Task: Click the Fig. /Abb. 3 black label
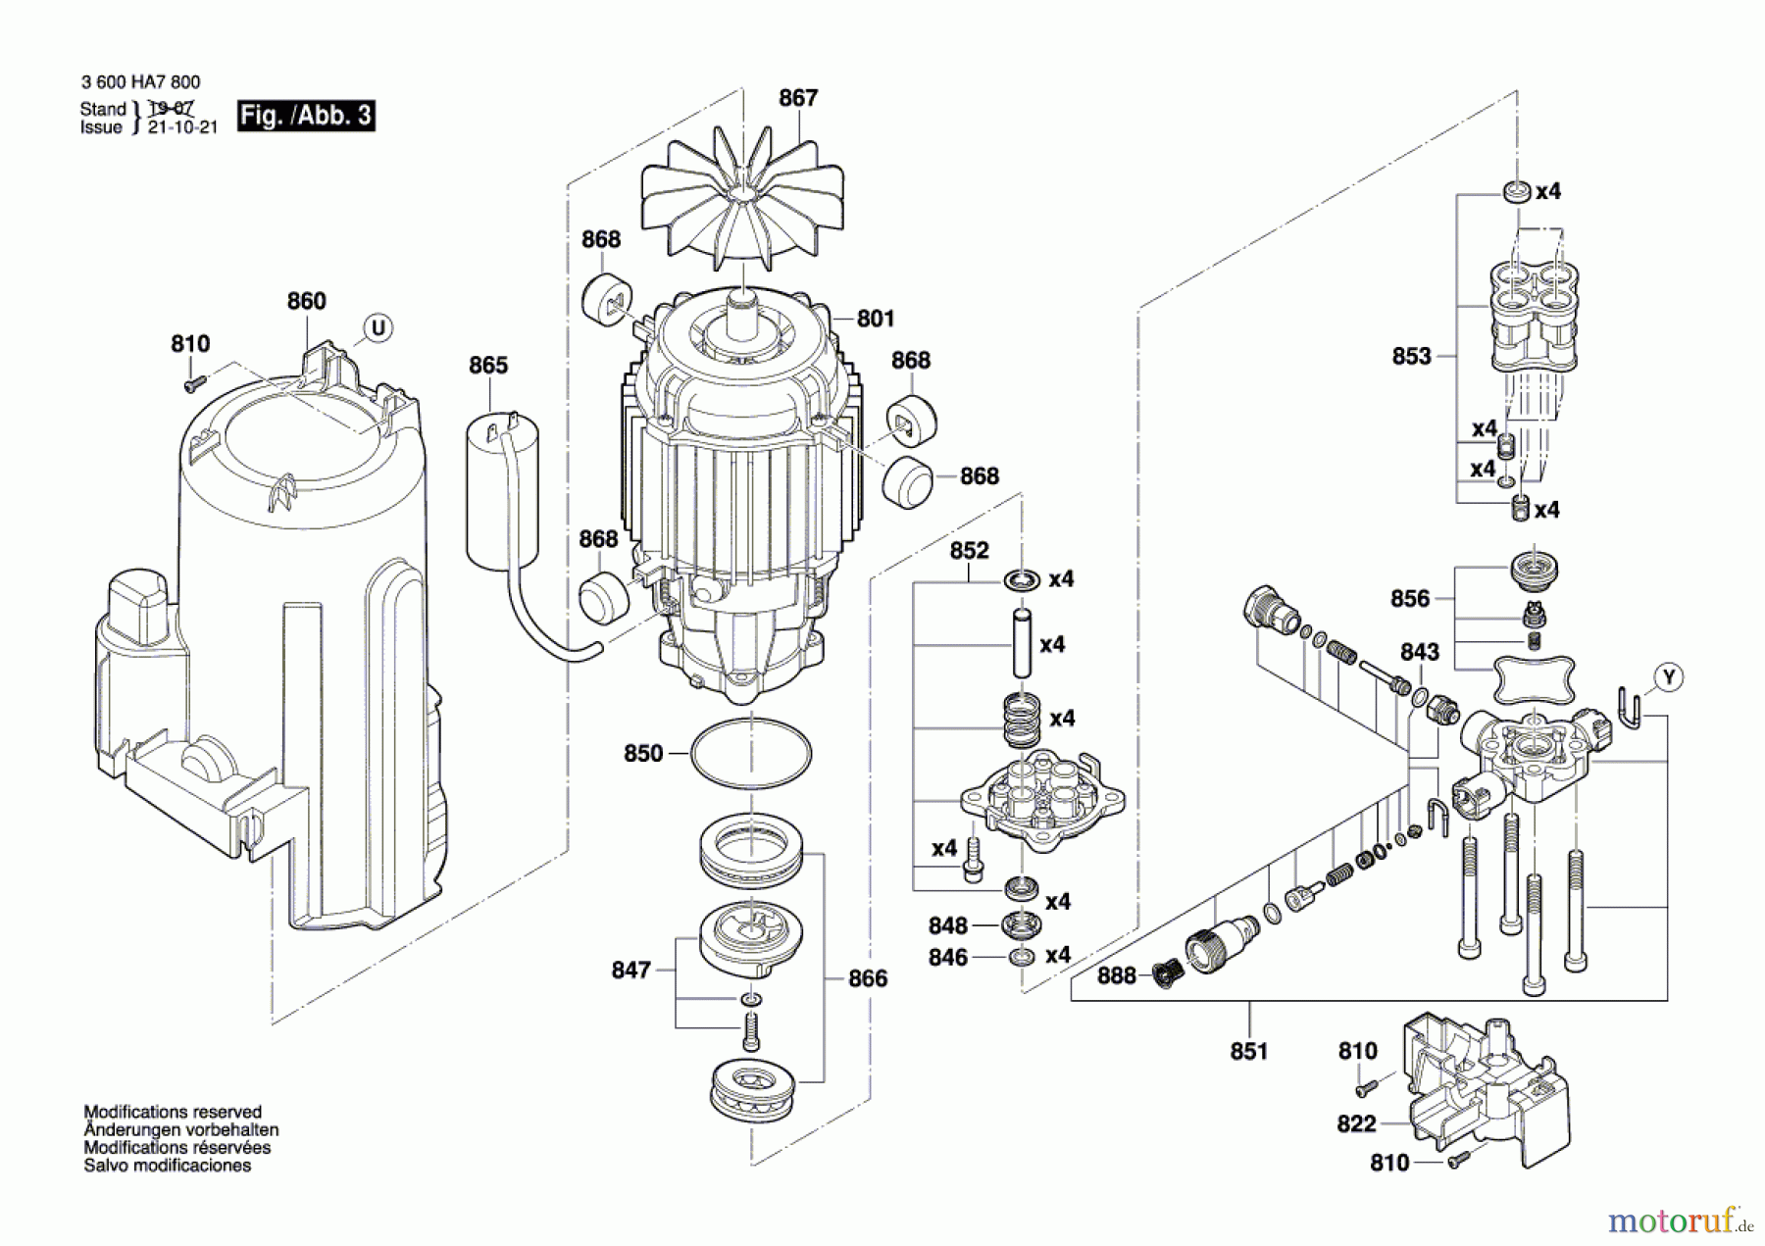(306, 116)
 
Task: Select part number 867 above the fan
(798, 98)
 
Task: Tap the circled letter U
(378, 327)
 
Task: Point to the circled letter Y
(1668, 676)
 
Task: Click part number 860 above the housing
(306, 301)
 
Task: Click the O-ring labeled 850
(751, 754)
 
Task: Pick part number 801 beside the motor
(875, 318)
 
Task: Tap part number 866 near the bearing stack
(867, 977)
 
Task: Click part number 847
(630, 970)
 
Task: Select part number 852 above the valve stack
(969, 551)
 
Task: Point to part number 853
(1411, 356)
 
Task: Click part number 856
(1409, 598)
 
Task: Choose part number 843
(1419, 652)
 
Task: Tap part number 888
(1116, 975)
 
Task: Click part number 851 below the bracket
(1248, 1051)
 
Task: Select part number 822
(1356, 1123)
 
